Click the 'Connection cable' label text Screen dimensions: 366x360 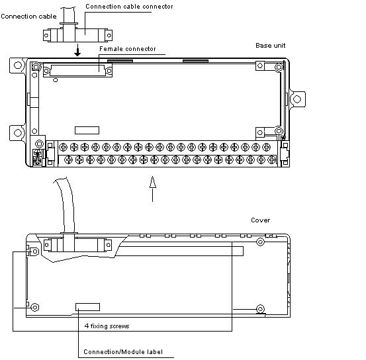[28, 17]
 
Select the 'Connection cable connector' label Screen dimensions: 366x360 [129, 7]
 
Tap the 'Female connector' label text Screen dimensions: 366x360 [128, 49]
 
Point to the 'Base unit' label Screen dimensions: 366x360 [270, 45]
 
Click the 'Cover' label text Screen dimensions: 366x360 [261, 220]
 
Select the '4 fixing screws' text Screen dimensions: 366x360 [107, 326]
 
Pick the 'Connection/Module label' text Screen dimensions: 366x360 [123, 352]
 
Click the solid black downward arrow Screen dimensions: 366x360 [77, 50]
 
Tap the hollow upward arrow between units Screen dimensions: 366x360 [153, 189]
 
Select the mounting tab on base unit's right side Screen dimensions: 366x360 [297, 99]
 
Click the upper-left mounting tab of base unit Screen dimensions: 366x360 [17, 66]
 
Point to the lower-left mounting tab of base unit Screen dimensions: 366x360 [17, 133]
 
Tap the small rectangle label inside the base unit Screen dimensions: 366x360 [87, 130]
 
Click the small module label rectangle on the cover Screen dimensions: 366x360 [88, 307]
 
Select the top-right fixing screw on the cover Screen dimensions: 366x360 [260, 242]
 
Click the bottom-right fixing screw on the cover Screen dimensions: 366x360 [260, 309]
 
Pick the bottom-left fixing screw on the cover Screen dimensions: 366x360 [35, 307]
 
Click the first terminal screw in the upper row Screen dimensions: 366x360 [64, 148]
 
